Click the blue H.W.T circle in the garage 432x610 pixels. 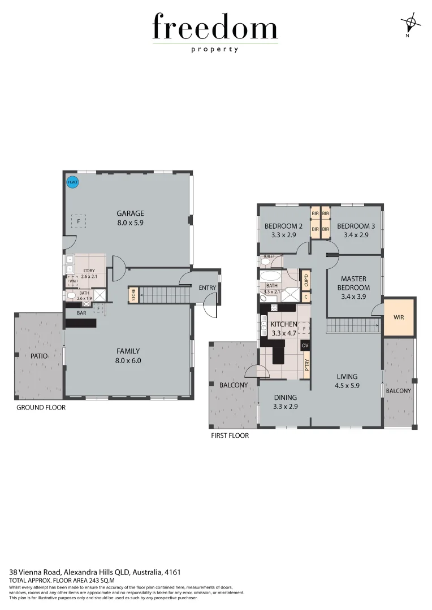coord(72,182)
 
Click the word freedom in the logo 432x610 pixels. coord(215,28)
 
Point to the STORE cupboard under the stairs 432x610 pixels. coord(133,294)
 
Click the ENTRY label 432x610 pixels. coord(208,287)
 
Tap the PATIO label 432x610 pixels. coord(39,356)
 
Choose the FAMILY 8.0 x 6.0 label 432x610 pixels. coord(128,355)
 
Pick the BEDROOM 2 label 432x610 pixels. coord(284,230)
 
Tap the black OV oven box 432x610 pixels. coord(305,345)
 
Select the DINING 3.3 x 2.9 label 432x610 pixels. coord(285,402)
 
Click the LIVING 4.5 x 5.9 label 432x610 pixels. coord(347,381)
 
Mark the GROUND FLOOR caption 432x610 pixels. coord(41,407)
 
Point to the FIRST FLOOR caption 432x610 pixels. coord(230,435)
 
